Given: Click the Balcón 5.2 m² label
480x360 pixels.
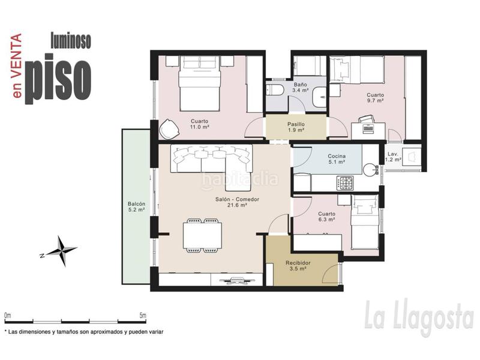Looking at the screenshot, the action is (136, 206).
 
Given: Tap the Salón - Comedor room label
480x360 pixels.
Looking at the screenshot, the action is (237, 202).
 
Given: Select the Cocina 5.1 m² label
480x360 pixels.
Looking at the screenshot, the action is (337, 159).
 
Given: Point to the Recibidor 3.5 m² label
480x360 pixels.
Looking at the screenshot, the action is (298, 266).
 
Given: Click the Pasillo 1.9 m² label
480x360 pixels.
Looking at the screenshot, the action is (296, 127).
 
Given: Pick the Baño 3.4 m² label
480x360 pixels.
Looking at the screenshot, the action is (301, 87).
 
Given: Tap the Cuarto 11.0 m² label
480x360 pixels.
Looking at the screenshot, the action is (200, 124).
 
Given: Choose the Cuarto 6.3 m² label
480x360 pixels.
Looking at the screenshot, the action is (326, 217).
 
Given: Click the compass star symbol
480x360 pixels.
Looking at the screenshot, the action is (62, 251).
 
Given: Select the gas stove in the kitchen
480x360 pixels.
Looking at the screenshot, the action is (345, 183).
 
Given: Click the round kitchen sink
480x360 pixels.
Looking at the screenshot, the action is (370, 170).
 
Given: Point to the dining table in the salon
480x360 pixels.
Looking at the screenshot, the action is (202, 236).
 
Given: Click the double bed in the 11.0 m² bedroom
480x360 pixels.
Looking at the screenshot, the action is (200, 83).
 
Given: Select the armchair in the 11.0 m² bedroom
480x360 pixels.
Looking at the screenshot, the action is (169, 128).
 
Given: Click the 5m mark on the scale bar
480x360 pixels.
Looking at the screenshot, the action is (143, 316).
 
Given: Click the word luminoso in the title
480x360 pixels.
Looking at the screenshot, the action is (71, 41).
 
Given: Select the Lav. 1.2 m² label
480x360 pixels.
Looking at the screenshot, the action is (393, 157).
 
